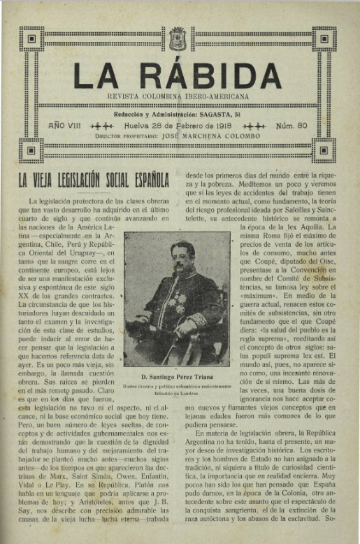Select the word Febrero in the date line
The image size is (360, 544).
tap(193, 125)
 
